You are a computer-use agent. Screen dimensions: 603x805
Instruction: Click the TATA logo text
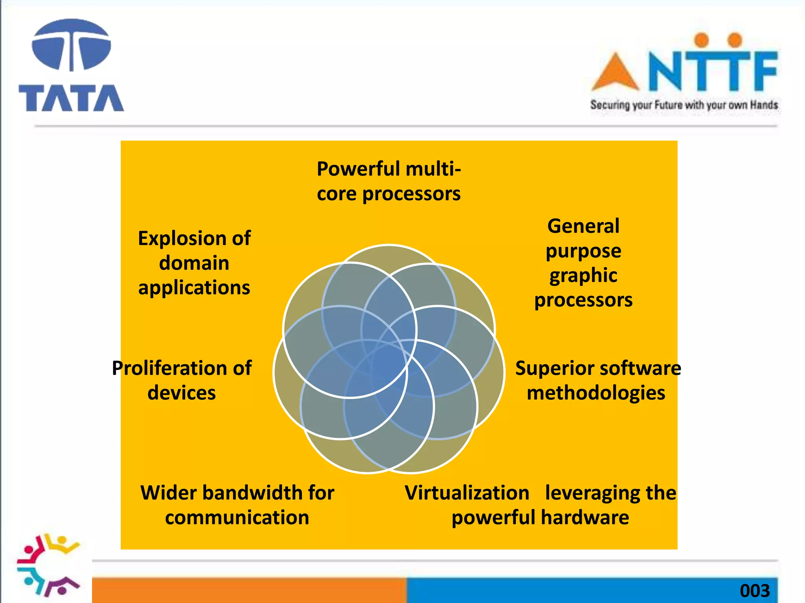[71, 98]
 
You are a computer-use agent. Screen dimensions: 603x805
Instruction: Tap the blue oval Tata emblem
[71, 45]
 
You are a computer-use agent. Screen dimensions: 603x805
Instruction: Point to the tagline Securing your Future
[684, 105]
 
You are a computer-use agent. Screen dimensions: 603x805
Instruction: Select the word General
[583, 226]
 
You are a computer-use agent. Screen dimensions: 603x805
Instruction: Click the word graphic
[583, 276]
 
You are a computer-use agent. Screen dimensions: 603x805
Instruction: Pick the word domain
[194, 263]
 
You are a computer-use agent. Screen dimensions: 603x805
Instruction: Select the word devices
[182, 393]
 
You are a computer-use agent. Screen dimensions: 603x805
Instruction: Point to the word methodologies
[596, 393]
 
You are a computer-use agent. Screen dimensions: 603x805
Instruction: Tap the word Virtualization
[467, 493]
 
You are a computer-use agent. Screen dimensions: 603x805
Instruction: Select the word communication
[237, 517]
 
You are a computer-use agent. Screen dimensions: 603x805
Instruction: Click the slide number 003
[754, 591]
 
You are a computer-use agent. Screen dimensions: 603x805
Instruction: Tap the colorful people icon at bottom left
[48, 565]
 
